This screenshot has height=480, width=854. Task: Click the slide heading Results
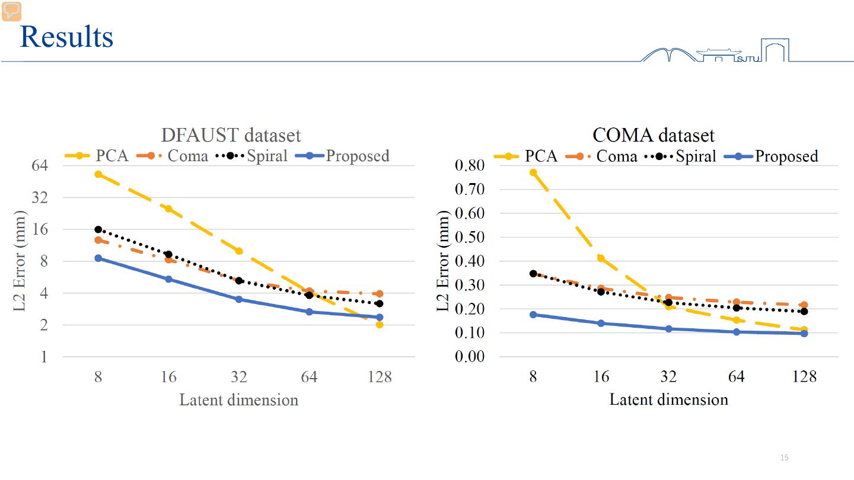pos(66,37)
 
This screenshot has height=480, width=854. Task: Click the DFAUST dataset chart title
pos(231,135)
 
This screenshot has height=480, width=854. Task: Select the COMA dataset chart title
pos(654,135)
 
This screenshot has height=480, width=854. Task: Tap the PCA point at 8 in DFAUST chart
pos(98,174)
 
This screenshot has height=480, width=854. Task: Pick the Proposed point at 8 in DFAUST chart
pos(98,258)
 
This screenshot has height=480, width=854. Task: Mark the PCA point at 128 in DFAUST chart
pos(380,324)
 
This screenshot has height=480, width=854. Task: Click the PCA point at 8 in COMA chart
pos(533,172)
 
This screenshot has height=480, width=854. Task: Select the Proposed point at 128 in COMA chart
pos(804,333)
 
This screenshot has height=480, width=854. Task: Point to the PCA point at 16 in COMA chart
pos(601,258)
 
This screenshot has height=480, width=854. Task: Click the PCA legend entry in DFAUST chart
pos(98,156)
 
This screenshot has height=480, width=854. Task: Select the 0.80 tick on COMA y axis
pos(470,165)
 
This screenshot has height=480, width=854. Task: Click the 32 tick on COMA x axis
pos(668,377)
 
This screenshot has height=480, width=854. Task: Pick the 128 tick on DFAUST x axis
pos(380,377)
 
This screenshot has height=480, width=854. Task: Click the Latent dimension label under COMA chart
pos(668,399)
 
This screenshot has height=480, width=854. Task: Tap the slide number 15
pos(785,457)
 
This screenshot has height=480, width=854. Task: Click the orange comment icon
pos(11,11)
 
